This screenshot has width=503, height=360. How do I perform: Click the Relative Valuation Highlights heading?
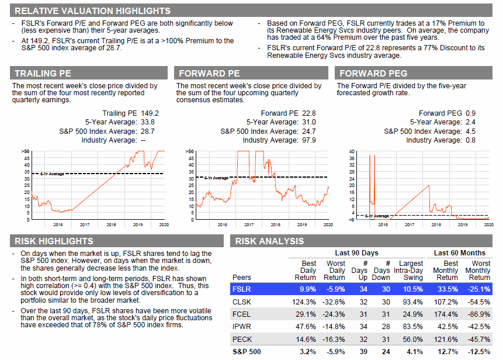(x=92, y=11)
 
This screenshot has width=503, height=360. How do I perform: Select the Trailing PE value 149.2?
(x=150, y=113)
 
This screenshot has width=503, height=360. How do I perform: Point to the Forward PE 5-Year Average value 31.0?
(x=309, y=122)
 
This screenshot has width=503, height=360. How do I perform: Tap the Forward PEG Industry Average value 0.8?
(x=471, y=140)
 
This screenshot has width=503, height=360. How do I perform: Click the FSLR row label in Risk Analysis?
(x=241, y=289)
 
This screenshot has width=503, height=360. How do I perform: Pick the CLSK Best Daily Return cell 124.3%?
(x=304, y=302)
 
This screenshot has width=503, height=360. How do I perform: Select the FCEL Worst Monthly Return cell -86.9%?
(x=478, y=314)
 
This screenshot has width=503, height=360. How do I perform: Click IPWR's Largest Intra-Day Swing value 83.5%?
(x=413, y=327)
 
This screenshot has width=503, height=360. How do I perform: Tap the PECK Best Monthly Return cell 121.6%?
(x=446, y=339)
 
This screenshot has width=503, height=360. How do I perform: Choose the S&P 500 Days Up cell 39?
(x=363, y=352)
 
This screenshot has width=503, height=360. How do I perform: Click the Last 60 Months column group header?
(x=459, y=253)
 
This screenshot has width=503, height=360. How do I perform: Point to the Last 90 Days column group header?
(x=356, y=253)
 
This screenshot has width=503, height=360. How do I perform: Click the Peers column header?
(x=241, y=278)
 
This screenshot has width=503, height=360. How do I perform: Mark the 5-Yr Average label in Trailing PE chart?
(x=53, y=174)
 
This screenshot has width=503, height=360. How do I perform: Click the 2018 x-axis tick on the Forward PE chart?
(x=275, y=224)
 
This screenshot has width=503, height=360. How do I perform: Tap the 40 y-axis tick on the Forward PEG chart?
(x=352, y=151)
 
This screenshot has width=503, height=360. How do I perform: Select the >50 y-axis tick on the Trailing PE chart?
(x=25, y=151)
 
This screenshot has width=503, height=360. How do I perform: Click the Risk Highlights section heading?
(x=54, y=241)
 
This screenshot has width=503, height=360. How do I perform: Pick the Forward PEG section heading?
(x=373, y=74)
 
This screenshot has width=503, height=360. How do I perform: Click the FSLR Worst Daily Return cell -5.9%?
(x=335, y=289)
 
